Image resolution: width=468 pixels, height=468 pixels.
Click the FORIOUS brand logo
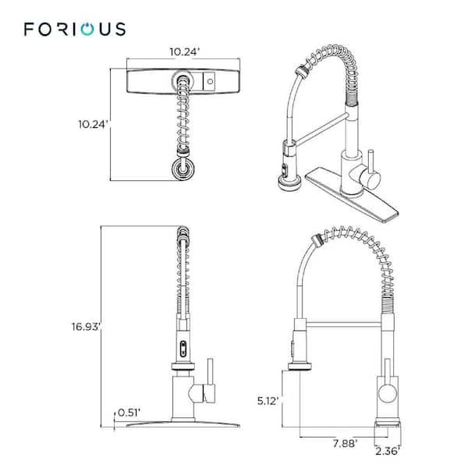(x=75, y=29)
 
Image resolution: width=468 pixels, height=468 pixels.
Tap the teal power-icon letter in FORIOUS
(x=87, y=30)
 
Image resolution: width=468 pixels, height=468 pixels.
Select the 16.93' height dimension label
(x=85, y=327)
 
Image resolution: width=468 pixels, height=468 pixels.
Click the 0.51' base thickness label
(x=129, y=413)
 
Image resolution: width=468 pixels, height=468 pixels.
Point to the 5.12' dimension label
(x=268, y=401)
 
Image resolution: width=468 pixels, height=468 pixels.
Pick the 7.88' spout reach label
(x=345, y=444)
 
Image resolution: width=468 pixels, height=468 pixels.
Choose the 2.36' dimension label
(x=388, y=452)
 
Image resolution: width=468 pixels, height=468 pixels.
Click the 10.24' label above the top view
(x=184, y=51)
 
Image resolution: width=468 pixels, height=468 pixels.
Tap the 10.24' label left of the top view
(x=93, y=125)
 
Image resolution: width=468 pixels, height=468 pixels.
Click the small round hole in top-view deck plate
(x=210, y=81)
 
